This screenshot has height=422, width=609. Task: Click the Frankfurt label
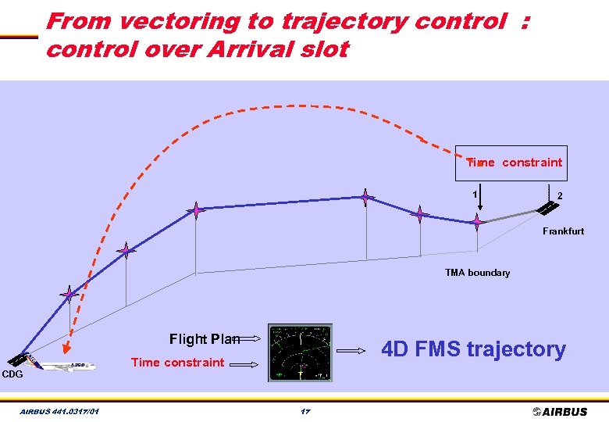tap(563, 231)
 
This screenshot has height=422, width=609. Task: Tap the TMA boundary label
tap(477, 273)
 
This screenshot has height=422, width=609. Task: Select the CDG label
tap(12, 374)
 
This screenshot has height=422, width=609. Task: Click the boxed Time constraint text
tap(514, 163)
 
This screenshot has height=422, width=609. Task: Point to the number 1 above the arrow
tap(474, 194)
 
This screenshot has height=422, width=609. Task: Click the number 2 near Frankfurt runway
tap(560, 195)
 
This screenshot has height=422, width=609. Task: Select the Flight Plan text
tap(205, 338)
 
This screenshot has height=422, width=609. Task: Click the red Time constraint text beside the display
tap(177, 362)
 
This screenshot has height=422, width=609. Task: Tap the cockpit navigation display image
tap(300, 352)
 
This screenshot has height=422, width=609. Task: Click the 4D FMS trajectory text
tap(472, 349)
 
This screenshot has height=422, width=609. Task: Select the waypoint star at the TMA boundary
tap(477, 222)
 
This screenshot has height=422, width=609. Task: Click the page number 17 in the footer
tap(304, 411)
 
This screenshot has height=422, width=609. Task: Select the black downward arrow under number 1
tap(480, 199)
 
